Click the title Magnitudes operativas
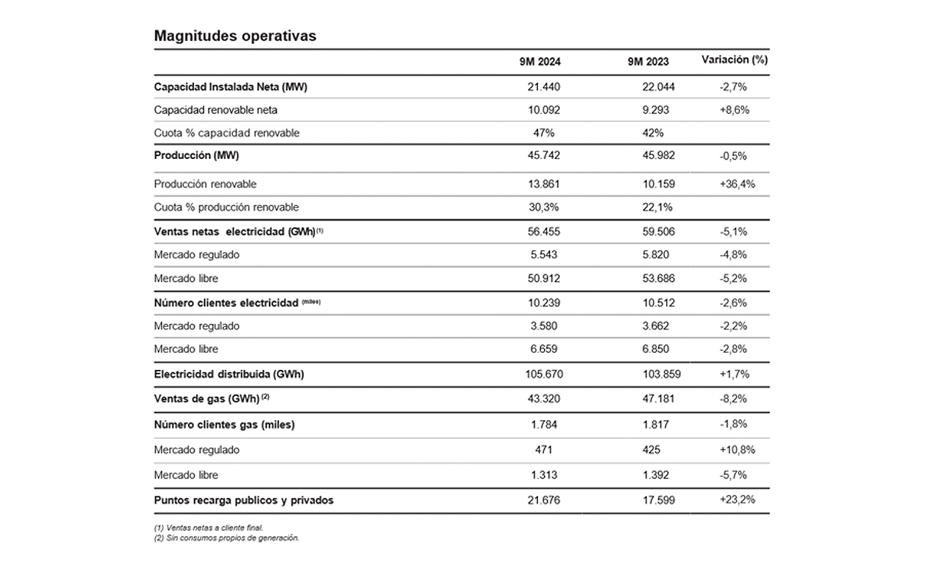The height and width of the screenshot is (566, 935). click(x=235, y=37)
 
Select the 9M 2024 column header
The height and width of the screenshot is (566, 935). click(x=540, y=62)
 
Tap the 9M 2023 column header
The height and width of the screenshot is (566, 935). click(x=648, y=62)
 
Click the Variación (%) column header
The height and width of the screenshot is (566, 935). click(x=734, y=60)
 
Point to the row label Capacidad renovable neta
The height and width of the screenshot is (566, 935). click(x=215, y=110)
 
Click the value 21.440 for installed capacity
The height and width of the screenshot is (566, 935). click(x=544, y=87)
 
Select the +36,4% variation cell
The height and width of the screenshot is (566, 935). click(x=737, y=184)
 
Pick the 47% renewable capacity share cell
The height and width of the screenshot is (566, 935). click(x=544, y=133)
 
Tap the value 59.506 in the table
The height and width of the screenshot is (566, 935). click(x=658, y=232)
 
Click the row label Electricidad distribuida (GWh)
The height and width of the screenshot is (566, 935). click(x=229, y=374)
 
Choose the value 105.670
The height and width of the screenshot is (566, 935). click(x=544, y=374)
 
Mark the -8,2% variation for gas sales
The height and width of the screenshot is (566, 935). click(x=733, y=399)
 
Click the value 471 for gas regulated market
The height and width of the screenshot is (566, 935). click(x=544, y=450)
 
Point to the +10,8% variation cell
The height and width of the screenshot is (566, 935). click(x=737, y=450)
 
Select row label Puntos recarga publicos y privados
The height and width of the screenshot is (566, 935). click(x=244, y=500)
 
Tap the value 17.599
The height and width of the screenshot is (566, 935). click(x=658, y=500)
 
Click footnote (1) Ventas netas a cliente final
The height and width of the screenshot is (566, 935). click(x=208, y=528)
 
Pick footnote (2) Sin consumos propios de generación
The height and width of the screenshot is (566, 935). click(x=227, y=538)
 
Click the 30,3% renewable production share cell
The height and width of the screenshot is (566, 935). click(x=544, y=207)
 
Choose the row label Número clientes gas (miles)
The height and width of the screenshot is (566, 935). click(x=224, y=424)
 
